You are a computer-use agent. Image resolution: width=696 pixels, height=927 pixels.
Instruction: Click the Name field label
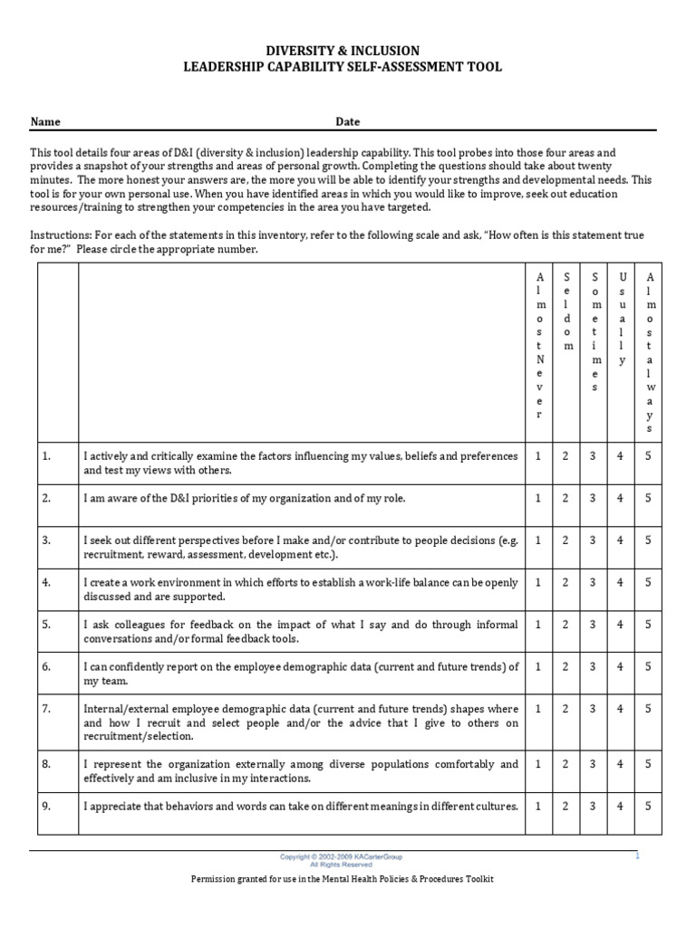(45, 121)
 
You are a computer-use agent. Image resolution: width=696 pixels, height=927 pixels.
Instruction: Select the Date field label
(348, 121)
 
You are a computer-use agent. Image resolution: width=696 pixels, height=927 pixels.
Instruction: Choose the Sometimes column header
(594, 331)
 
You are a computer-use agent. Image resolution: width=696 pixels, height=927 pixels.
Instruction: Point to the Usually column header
(621, 318)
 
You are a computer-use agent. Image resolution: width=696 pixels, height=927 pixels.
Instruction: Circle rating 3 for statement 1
(594, 456)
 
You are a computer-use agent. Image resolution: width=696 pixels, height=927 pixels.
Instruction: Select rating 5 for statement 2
(648, 498)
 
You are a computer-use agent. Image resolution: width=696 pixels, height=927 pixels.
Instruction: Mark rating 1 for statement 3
(538, 540)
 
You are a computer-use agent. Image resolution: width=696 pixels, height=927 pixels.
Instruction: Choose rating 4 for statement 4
(621, 582)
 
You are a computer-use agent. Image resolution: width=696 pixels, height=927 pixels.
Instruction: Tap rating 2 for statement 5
(565, 624)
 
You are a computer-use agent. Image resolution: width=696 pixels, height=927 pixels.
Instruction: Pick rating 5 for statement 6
(648, 666)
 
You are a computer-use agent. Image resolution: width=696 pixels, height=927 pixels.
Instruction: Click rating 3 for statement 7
(594, 709)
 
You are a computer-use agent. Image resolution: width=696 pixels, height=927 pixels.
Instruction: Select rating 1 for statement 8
(538, 763)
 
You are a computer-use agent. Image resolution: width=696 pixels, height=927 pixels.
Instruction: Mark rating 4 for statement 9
(621, 806)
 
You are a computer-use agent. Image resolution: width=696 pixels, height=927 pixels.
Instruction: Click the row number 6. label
(46, 666)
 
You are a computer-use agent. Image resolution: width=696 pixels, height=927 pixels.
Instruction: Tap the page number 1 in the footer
(637, 855)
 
